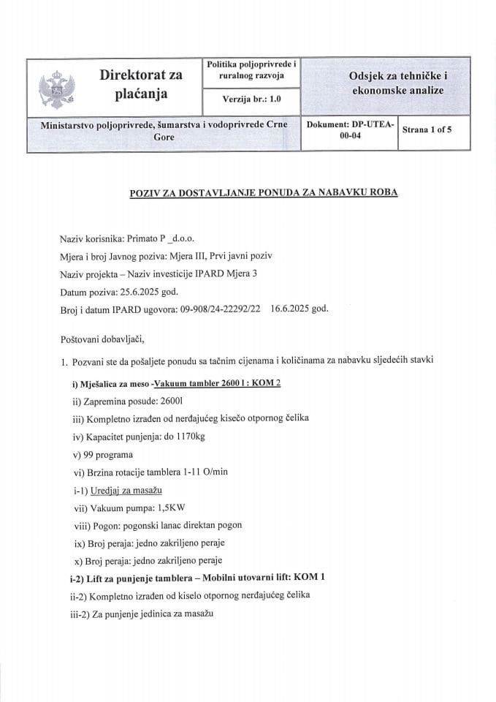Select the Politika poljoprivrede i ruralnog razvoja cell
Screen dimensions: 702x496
coord(252,70)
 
